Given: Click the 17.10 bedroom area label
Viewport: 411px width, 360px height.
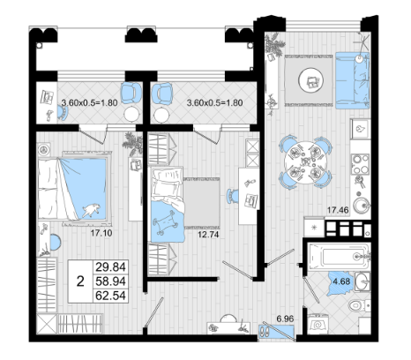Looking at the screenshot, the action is pos(101,233).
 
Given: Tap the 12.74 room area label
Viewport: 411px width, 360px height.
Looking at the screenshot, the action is pos(208,235).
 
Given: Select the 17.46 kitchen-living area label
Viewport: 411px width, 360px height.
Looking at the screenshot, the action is pos(338,210).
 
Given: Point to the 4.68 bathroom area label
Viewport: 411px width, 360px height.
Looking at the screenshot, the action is pos(341,281).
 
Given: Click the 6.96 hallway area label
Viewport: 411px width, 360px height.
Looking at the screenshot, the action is pos(285,319).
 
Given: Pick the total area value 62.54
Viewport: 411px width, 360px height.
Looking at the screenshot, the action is pos(110,296).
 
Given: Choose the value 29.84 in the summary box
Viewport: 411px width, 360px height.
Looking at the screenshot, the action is pos(110,267).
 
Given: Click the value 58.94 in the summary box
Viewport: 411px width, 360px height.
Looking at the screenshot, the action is pos(110,281).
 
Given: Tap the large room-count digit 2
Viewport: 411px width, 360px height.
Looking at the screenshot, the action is pos(80,281).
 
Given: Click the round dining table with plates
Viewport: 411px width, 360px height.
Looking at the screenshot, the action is pos(306,162).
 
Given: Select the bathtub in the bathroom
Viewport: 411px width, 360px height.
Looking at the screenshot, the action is pos(338,256).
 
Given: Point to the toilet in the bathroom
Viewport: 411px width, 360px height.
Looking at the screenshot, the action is pos(359,305).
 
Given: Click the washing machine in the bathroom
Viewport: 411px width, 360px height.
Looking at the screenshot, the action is pos(318,324).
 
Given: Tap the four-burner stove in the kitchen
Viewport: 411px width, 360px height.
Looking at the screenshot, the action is pos(361,164).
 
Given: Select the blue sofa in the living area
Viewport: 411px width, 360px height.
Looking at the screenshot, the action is pos(352,80).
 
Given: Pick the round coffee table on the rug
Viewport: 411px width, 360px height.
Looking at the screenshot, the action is pos(310,80).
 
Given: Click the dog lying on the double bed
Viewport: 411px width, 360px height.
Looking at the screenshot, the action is pos(91,210).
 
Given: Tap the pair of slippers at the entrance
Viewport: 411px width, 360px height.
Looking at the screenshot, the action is pos(264,332).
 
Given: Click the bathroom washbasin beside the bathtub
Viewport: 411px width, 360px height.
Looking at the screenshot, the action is pos(362,281).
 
